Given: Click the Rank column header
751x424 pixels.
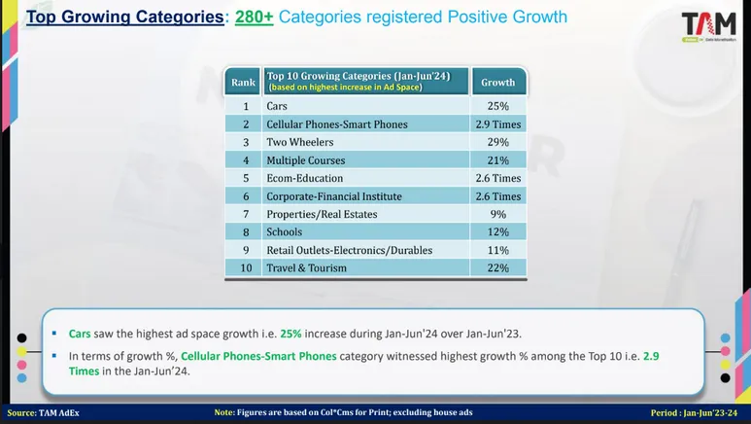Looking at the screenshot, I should click(243, 83).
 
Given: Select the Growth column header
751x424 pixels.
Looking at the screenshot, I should click(498, 83).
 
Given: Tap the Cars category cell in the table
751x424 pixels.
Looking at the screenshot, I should click(277, 106).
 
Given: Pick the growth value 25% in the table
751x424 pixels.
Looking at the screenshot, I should click(498, 106).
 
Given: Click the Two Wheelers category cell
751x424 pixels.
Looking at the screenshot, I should click(299, 142).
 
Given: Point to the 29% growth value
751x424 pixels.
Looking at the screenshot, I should click(498, 142).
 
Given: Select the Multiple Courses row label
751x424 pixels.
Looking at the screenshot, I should click(305, 160).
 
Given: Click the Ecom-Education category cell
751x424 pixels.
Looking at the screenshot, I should click(304, 178).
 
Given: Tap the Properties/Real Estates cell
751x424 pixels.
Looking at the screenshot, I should click(322, 214).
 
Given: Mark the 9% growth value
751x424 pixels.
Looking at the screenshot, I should click(498, 214).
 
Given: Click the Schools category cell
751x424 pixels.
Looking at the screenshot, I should click(284, 232).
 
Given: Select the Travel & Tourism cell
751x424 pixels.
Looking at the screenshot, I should click(306, 268).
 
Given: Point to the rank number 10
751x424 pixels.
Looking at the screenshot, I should click(246, 268).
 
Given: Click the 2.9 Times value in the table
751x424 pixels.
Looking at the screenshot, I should click(498, 124).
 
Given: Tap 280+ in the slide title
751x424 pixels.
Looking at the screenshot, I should click(254, 18).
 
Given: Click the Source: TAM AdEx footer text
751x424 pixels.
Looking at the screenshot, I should click(44, 413).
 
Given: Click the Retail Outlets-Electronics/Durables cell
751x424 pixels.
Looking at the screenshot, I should click(349, 250).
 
